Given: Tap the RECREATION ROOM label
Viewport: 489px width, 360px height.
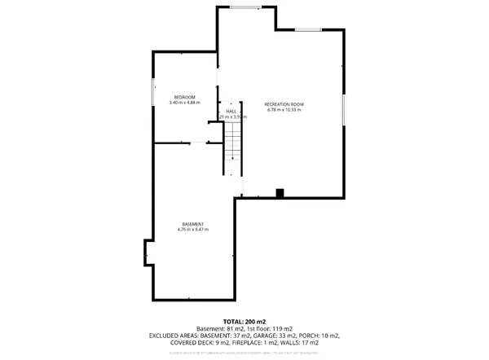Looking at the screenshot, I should [x=284, y=104].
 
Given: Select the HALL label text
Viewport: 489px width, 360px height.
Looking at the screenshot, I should [x=231, y=111].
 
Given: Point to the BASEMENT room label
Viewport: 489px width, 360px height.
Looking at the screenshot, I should [x=192, y=224].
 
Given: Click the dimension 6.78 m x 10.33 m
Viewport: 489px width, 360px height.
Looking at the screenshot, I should [x=284, y=110].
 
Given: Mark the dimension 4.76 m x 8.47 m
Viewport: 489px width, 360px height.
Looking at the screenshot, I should [x=192, y=230].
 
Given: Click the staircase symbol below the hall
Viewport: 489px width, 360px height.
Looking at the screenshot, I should [x=234, y=147].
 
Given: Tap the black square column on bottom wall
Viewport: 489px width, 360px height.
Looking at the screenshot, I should [x=280, y=193].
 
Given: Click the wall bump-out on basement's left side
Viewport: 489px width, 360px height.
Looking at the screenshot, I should [x=148, y=252].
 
